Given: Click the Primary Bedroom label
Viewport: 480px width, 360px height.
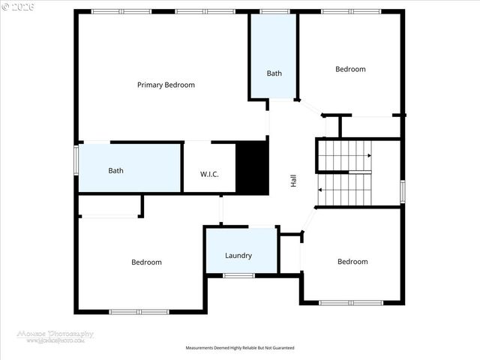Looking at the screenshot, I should point(166,85).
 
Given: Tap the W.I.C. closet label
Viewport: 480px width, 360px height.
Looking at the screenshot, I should point(209,174).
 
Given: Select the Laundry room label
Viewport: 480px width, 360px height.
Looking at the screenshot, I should point(238,256).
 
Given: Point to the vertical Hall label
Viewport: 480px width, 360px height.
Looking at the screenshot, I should point(294,181).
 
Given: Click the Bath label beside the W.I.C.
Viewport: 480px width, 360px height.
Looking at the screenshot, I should point(115,170).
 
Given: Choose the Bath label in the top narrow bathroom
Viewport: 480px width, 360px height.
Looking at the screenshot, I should point(274,73).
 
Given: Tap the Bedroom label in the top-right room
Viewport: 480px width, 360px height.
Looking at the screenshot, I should point(350,69).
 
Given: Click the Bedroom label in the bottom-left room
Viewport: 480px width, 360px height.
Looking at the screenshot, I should point(146,262).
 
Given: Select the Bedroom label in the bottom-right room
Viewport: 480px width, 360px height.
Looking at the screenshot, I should point(352,262).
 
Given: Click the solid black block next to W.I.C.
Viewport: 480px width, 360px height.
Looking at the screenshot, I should point(252,168).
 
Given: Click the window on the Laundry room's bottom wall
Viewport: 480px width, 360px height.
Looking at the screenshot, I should point(238,276).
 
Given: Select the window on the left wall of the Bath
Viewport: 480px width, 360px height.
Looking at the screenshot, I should point(76,160).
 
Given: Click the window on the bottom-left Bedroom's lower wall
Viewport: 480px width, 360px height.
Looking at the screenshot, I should point(139,311).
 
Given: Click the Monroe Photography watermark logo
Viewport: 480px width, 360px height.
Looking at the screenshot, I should point(56,337).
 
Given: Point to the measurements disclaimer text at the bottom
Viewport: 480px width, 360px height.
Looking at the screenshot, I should point(240,348).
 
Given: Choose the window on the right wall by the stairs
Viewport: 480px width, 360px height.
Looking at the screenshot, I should point(403,191).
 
